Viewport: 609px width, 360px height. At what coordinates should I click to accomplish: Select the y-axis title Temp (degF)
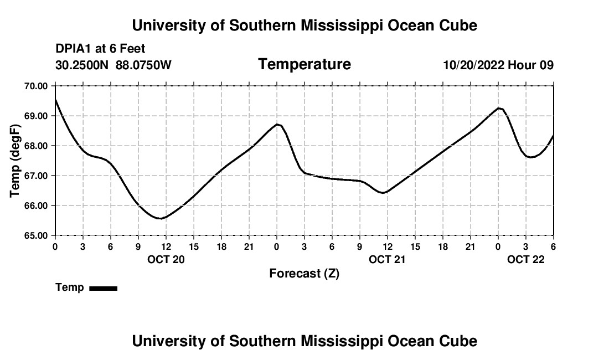[x=16, y=161]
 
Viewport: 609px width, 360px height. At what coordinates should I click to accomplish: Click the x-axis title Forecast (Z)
[x=304, y=273]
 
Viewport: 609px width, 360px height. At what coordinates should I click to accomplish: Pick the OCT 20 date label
[x=166, y=259]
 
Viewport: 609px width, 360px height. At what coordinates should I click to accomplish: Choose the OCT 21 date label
[x=388, y=259]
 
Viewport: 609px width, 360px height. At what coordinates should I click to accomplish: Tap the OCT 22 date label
[x=526, y=259]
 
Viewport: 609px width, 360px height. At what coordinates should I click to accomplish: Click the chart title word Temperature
[x=304, y=64]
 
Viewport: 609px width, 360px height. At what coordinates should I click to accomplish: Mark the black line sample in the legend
[x=103, y=288]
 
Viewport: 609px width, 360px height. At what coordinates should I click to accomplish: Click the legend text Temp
[x=70, y=287]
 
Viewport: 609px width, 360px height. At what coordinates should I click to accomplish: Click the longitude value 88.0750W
[x=143, y=65]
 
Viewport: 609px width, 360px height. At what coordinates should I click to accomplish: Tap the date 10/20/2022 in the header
[x=473, y=65]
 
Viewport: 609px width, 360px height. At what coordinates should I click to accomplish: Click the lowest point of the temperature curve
[x=160, y=219]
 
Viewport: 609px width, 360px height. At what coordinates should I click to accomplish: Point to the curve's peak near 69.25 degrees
[x=499, y=108]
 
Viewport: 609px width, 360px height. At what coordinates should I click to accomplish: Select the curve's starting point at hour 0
[x=55, y=100]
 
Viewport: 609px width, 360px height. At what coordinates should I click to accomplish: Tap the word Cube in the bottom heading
[x=461, y=341]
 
